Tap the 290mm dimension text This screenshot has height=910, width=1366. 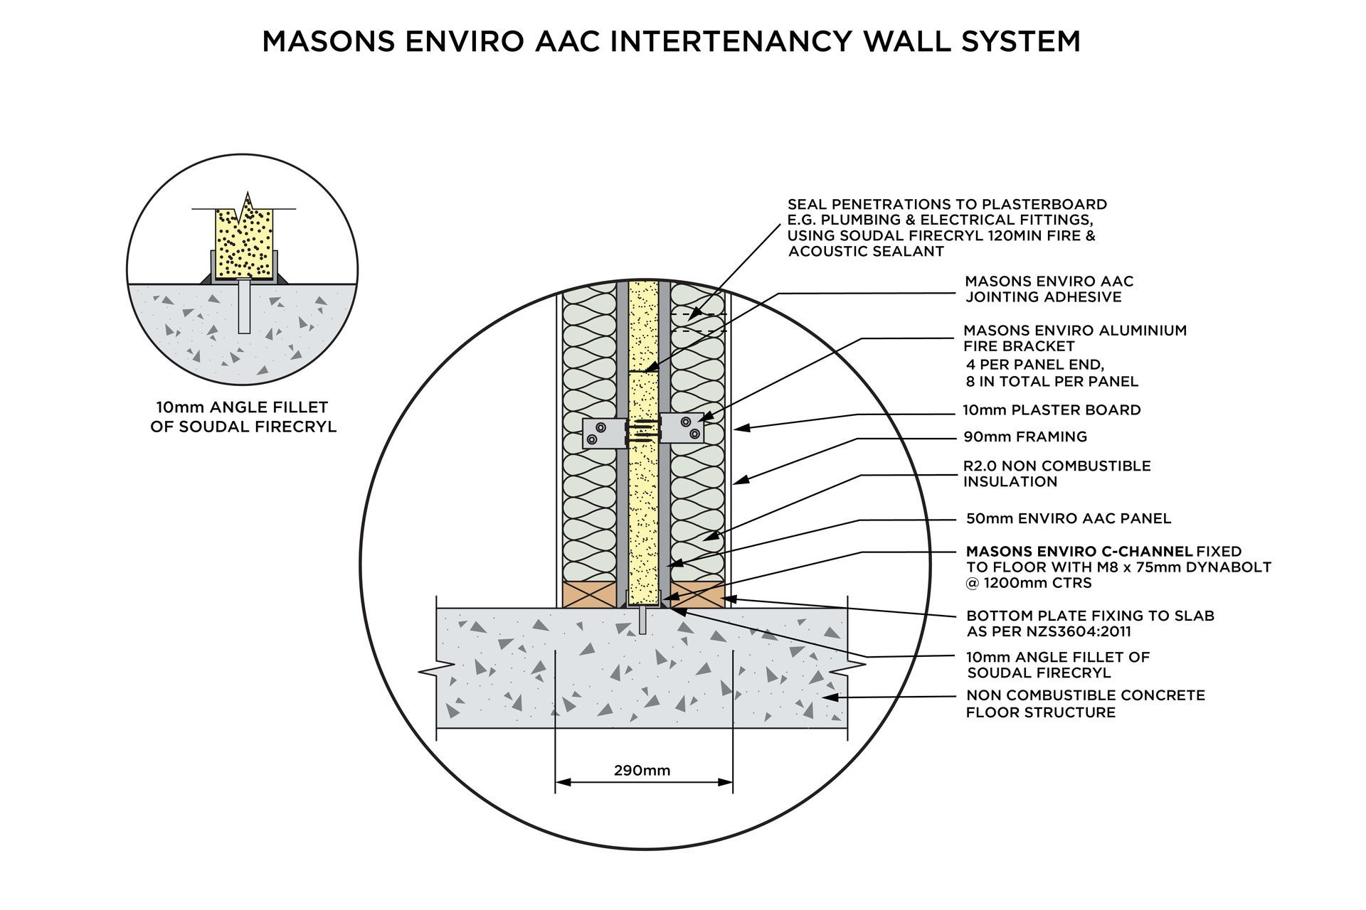coord(642,770)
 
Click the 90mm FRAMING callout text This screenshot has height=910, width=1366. coord(1024,437)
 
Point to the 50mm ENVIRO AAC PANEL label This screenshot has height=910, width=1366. coord(1068,518)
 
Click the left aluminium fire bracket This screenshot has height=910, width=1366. coord(603,433)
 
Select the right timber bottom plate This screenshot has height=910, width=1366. coord(698,595)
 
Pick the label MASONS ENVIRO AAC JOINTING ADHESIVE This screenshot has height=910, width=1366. coord(1049,289)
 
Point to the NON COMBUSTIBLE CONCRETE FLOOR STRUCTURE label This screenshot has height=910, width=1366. coord(1085,703)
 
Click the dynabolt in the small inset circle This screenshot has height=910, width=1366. coord(243,306)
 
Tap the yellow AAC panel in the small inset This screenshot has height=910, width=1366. coord(244,242)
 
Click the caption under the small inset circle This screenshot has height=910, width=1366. coord(243,417)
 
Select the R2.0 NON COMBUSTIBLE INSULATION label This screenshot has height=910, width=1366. coord(1057,473)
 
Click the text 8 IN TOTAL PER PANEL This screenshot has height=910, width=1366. coord(1052,381)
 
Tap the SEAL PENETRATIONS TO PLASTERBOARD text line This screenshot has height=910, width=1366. coord(947,205)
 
